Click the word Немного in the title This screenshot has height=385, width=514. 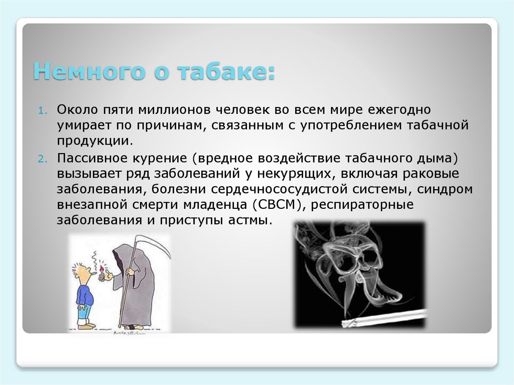point(85,72)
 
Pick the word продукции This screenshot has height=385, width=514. point(95,141)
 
